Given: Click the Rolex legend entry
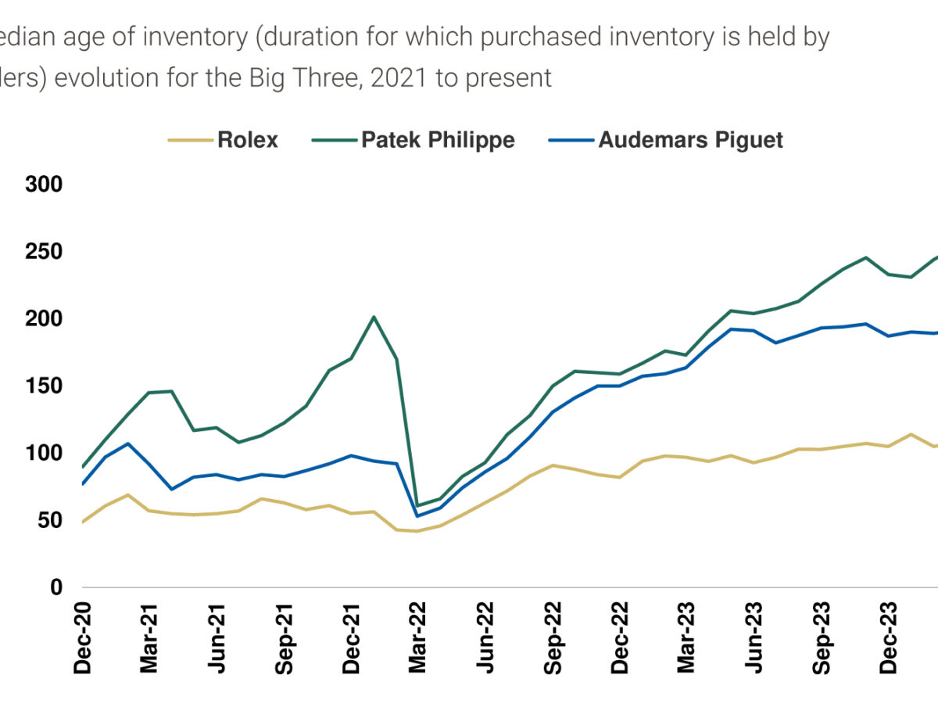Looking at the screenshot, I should tap(248, 140).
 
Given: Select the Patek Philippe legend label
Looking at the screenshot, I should tap(438, 140).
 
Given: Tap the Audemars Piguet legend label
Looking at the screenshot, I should tap(690, 140).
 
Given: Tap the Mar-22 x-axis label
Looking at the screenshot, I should tap(417, 638).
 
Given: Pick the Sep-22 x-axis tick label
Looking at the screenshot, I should tap(553, 638).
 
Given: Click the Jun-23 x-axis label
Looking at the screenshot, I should tap(754, 638).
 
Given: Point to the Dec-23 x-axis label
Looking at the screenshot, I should tap(888, 638).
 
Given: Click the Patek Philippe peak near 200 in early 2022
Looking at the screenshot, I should tap(374, 317).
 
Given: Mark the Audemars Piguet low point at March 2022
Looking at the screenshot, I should tap(417, 515).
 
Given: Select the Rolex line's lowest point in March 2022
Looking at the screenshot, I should tap(417, 531).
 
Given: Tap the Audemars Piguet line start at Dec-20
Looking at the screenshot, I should tap(82, 484).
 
